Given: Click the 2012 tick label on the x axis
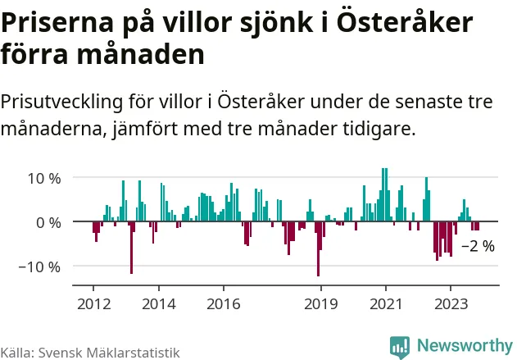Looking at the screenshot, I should [93, 303].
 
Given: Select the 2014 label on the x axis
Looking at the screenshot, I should [158, 303].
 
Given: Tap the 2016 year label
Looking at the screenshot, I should [223, 303].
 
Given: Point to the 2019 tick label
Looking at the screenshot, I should [320, 303].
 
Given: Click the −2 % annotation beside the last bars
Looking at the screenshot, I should [478, 245].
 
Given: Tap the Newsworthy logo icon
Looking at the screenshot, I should [401, 346].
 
